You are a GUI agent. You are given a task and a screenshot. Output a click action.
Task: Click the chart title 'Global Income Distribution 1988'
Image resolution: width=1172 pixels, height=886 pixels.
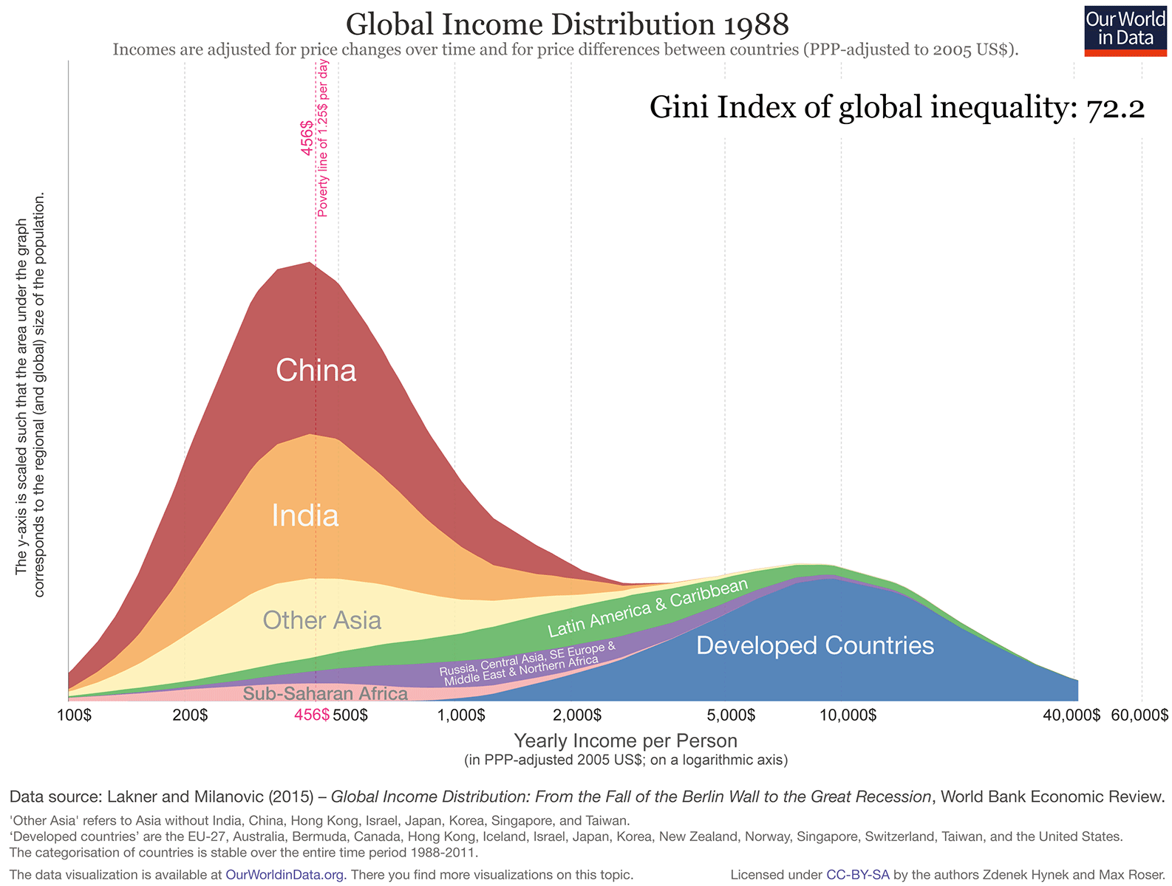[567, 24]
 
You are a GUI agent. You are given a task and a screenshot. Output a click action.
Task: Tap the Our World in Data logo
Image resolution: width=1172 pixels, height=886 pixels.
[1125, 30]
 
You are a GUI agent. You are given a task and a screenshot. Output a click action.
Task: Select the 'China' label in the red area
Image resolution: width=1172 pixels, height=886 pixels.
[316, 370]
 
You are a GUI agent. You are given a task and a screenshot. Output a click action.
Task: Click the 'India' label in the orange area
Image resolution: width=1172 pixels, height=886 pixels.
[304, 515]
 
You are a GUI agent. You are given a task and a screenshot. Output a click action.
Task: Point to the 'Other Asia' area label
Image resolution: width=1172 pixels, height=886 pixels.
[321, 620]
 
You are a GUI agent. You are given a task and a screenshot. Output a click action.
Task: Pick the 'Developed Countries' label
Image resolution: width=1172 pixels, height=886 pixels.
[815, 645]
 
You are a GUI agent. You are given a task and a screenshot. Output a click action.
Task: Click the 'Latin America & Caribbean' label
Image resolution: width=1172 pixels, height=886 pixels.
[647, 608]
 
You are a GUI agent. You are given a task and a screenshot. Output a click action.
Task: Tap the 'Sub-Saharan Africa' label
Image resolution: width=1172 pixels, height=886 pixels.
[325, 693]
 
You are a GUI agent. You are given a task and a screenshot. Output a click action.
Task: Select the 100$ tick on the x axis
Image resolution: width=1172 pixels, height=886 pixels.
[74, 715]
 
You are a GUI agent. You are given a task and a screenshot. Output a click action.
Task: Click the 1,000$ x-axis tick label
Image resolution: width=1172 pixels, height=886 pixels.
[460, 715]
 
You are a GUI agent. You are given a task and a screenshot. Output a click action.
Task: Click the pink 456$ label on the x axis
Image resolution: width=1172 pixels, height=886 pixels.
[311, 715]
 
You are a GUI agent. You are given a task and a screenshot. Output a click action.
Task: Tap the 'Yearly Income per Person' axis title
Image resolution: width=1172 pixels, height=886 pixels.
[625, 741]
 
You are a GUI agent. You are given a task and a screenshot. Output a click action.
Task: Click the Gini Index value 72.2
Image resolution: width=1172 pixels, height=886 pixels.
[1115, 109]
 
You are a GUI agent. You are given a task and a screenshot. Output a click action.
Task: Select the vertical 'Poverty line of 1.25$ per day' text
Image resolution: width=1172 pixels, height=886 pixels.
[323, 139]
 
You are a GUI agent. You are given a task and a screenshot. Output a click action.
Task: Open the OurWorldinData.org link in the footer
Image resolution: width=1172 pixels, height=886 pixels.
[285, 875]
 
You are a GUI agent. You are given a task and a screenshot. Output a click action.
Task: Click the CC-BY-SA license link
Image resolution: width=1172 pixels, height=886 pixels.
[857, 875]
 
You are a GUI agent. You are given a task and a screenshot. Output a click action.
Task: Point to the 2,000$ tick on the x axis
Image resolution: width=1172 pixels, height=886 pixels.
[576, 715]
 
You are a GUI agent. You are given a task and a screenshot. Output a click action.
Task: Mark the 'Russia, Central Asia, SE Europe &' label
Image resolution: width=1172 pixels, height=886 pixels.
[527, 659]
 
